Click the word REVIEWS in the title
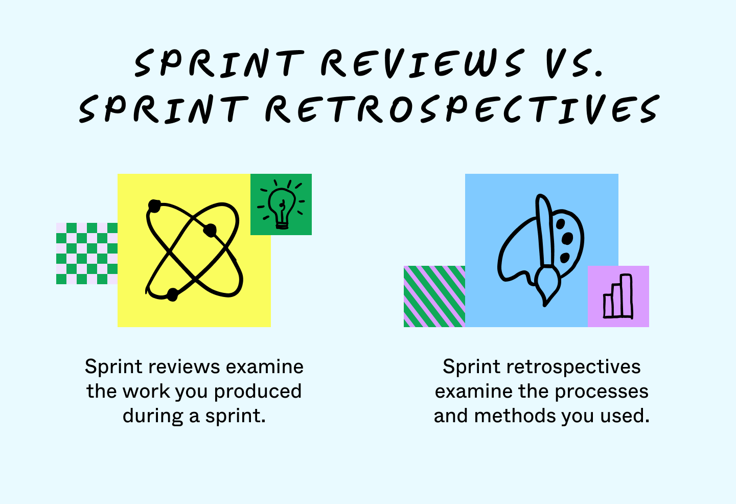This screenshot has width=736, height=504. point(422,63)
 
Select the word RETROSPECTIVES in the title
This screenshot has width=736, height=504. point(462,109)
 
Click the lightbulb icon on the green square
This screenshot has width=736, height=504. point(281,204)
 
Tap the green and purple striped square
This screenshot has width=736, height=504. point(434,296)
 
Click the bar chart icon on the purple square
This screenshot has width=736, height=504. point(618,296)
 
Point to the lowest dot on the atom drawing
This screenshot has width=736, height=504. point(173,294)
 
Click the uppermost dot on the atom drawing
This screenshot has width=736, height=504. point(154,205)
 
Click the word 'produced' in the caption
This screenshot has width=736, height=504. point(258,392)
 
